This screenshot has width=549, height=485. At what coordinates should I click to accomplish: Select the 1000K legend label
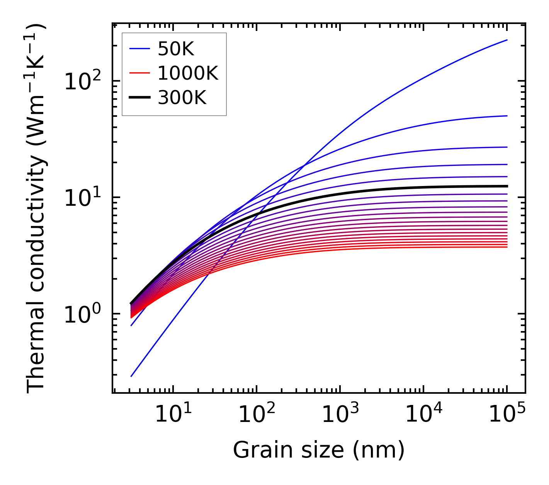tap(188, 73)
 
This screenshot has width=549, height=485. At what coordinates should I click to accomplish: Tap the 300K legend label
tap(182, 98)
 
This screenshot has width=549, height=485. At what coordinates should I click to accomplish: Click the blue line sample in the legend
tap(139, 48)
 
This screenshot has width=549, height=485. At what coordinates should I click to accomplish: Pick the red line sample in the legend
tap(139, 73)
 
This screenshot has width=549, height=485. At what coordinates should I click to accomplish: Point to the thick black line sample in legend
tap(139, 98)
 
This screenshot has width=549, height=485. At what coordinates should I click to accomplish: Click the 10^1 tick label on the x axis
tap(173, 415)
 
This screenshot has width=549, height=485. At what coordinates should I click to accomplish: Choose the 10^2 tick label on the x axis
tap(256, 415)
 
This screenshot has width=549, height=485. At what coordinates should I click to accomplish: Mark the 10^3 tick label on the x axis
tap(340, 415)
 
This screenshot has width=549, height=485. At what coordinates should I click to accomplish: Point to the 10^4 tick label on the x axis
tap(423, 415)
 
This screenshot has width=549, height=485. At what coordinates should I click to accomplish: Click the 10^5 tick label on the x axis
tap(507, 415)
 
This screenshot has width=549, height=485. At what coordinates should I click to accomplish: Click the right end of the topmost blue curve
tap(507, 40)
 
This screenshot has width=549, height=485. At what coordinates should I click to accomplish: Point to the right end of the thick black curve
tap(507, 186)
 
